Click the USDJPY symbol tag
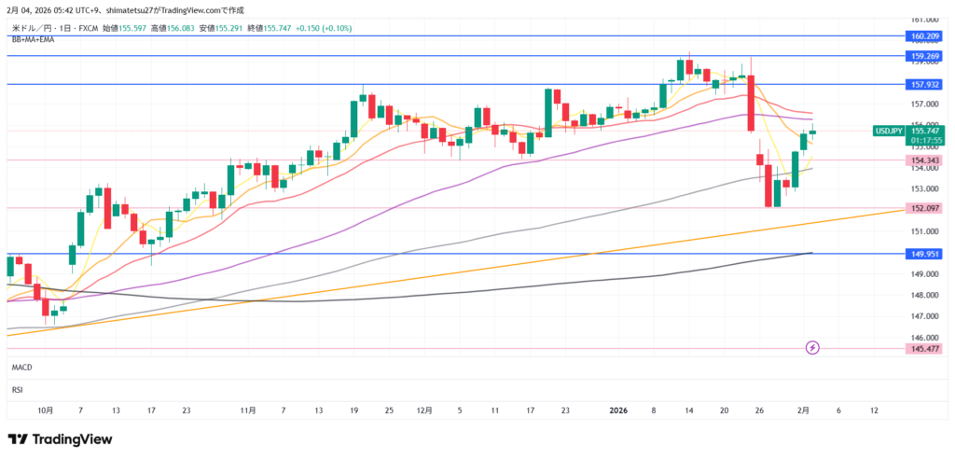coord(888,132)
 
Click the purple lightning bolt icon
coord(812,348)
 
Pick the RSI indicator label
coord(17,390)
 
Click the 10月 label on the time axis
coord(46,410)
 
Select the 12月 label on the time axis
coord(424,410)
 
